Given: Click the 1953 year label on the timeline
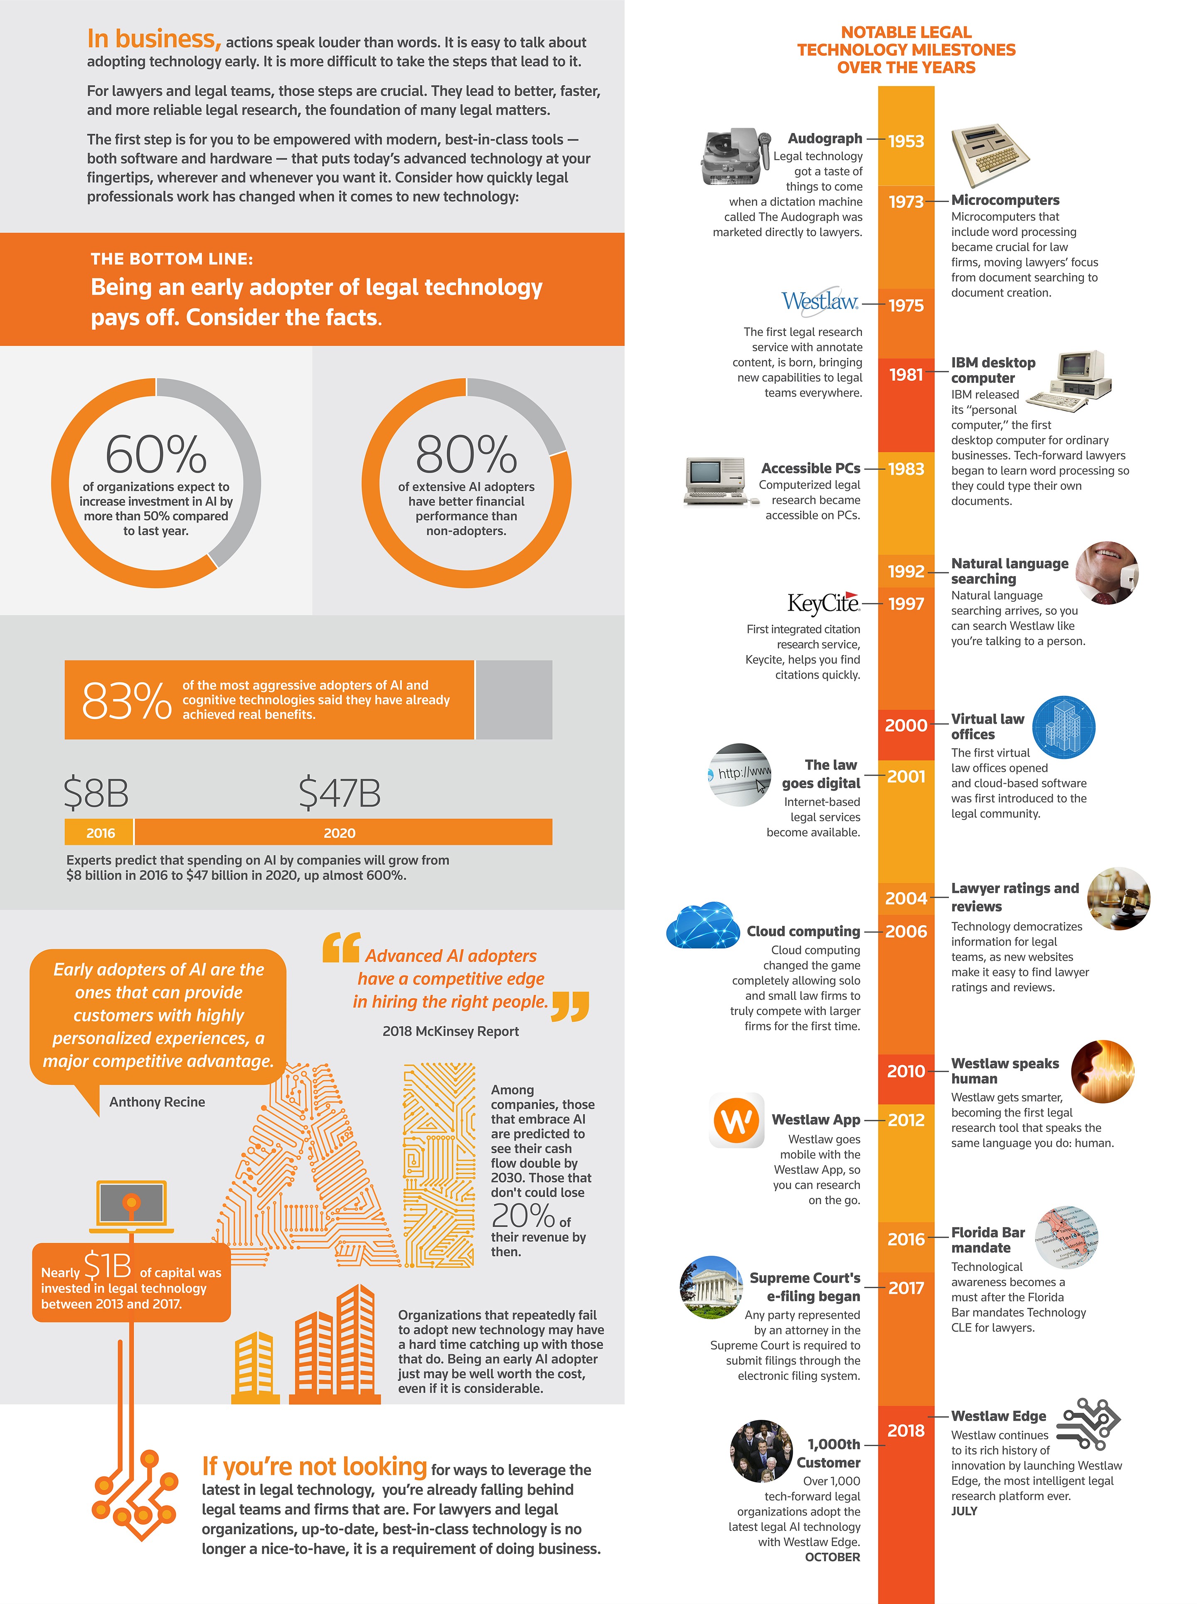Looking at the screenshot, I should pos(906,141).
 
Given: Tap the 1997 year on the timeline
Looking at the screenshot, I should pos(906,604).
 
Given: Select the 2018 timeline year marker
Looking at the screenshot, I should pos(906,1430).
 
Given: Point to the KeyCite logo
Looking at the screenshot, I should pos(823,603).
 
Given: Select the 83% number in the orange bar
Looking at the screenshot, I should pos(127,700).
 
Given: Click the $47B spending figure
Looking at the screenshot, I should pos(339,793).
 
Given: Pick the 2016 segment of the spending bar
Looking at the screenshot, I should pos(100,833).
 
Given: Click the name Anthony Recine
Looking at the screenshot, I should pos(157,1102).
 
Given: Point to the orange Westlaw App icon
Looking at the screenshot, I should pos(736,1121).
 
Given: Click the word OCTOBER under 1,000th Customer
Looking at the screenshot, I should pos(832,1557).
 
